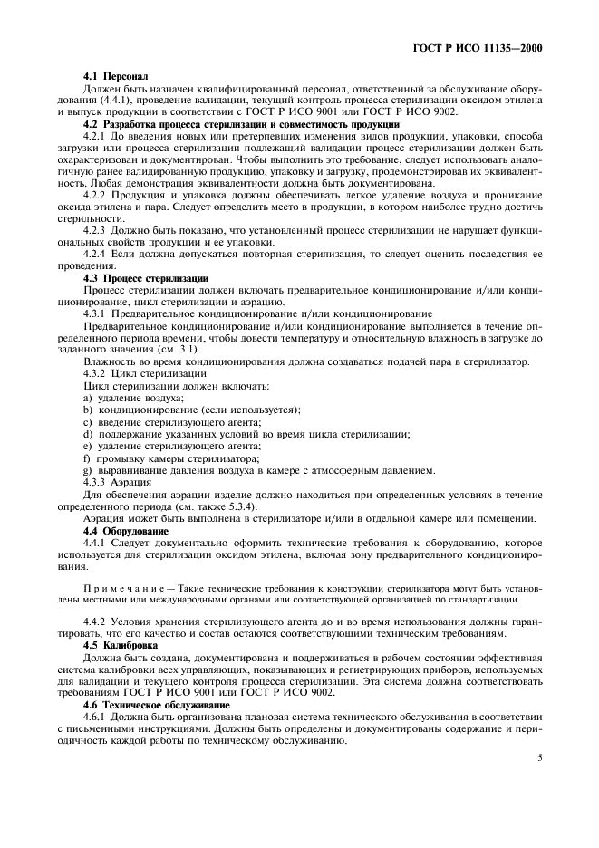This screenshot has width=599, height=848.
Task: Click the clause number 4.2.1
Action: click(x=95, y=135)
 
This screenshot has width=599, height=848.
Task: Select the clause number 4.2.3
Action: click(x=95, y=230)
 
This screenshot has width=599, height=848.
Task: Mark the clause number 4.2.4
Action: click(x=95, y=254)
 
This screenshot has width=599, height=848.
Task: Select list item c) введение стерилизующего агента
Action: click(x=171, y=421)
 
